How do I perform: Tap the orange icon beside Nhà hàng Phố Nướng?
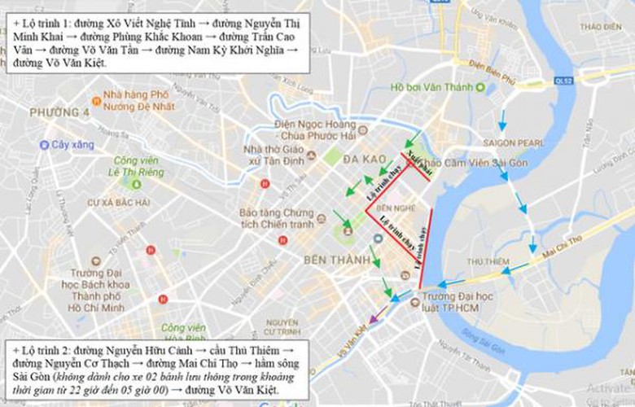pyautogui.click(x=97, y=101)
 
